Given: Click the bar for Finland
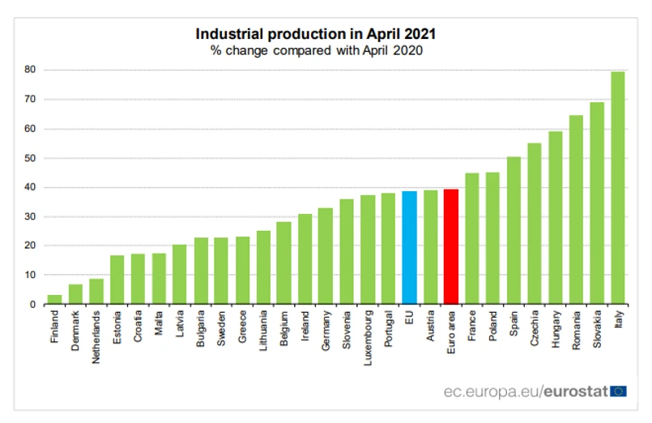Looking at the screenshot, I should pos(55,300).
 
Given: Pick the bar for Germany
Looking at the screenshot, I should pos(326,256).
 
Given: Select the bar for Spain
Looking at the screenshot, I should pos(514,230).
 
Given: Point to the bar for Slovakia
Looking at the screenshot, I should pos(597,203).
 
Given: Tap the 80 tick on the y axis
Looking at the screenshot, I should pos(30,70).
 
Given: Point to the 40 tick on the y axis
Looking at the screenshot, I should pos(30,187).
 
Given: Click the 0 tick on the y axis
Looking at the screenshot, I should pos(32,305).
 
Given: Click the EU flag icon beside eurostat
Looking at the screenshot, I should pos(619,391).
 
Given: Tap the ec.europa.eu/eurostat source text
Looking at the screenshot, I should pos(526,391).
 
